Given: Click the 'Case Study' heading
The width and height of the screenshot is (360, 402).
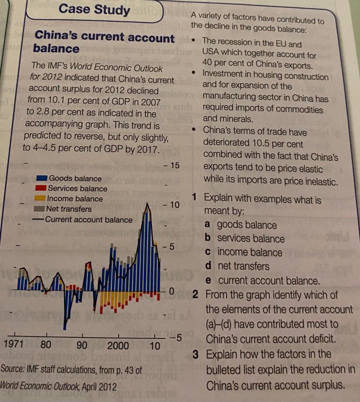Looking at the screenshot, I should tap(94, 10).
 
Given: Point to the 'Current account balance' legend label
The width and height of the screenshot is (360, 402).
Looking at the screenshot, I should tap(89, 219).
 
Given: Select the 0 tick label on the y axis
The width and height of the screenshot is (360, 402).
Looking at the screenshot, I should tap(171, 292).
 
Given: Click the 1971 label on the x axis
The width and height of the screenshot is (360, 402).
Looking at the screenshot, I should tap(13, 345).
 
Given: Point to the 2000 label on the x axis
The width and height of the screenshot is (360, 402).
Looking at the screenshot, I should tap(118, 346).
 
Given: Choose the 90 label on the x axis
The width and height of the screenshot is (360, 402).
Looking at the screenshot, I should tap(82, 345).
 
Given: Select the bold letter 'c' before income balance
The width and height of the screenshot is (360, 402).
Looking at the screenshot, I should tap(208, 252).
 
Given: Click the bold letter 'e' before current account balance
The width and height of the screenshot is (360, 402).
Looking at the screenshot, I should tap(208, 281).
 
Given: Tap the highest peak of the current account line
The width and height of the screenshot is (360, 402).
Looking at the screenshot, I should tap(147, 204).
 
